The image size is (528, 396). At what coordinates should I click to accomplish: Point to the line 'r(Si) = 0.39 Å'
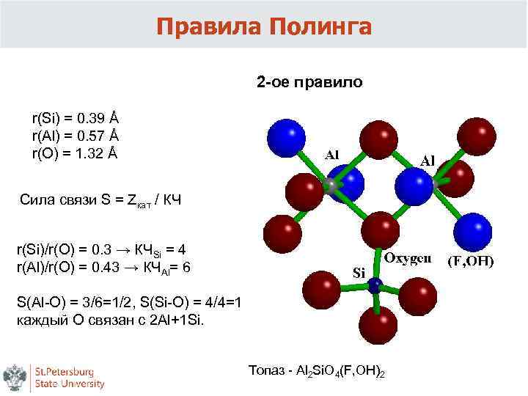(x=74, y=117)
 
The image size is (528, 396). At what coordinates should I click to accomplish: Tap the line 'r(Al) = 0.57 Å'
(x=75, y=136)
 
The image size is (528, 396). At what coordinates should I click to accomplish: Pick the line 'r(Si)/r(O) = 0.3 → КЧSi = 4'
(x=103, y=249)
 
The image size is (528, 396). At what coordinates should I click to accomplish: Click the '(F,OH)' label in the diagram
(x=471, y=260)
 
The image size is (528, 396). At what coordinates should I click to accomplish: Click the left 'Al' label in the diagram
(x=331, y=155)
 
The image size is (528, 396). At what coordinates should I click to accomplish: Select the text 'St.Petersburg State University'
(x=70, y=377)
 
